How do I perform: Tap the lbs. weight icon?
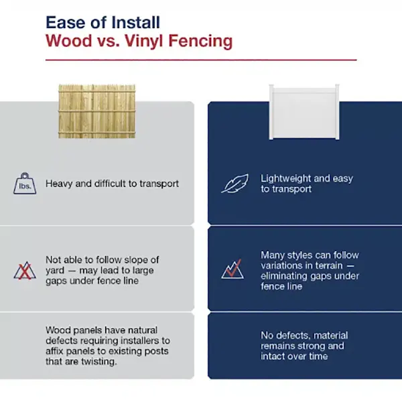coord(25,183)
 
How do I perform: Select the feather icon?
coord(234,183)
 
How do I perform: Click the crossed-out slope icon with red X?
coord(24,269)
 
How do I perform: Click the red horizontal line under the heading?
coord(201,60)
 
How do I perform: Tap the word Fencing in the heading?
coord(204,41)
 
